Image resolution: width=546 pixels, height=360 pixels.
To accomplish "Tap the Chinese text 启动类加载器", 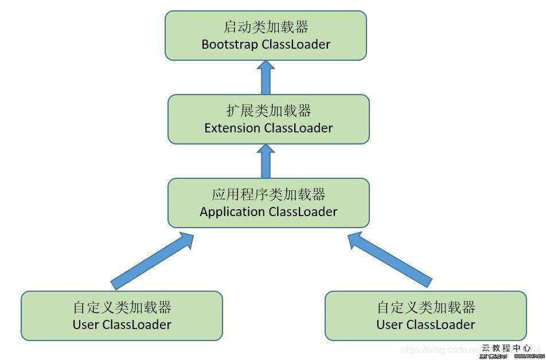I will click(x=266, y=27).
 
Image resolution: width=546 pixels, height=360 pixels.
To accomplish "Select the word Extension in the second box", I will click(x=232, y=128).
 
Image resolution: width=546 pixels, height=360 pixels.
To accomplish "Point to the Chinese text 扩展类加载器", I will click(x=268, y=111).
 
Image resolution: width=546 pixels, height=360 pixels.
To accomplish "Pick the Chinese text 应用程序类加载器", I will click(x=268, y=194).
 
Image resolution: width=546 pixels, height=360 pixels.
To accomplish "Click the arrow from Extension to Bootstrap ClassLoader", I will click(x=266, y=78).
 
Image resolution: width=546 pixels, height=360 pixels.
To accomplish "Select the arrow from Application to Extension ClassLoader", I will click(x=266, y=161).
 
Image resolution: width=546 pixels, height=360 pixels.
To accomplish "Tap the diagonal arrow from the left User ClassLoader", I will click(x=152, y=261).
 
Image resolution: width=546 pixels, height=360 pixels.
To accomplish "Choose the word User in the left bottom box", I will click(x=86, y=324).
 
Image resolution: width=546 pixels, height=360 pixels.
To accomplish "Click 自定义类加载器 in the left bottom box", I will click(x=122, y=307).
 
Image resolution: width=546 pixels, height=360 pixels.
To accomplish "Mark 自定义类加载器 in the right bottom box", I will click(x=426, y=307).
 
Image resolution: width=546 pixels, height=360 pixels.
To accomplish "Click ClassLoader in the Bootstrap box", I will click(x=296, y=44).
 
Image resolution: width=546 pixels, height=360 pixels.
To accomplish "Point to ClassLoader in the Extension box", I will click(x=298, y=128).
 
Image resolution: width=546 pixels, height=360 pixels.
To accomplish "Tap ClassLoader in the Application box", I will click(x=303, y=212).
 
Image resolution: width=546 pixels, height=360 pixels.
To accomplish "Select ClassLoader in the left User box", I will click(x=136, y=324).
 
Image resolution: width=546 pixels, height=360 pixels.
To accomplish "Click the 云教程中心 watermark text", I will click(x=506, y=347).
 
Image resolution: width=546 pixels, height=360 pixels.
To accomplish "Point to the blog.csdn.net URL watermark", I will click(x=442, y=349).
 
